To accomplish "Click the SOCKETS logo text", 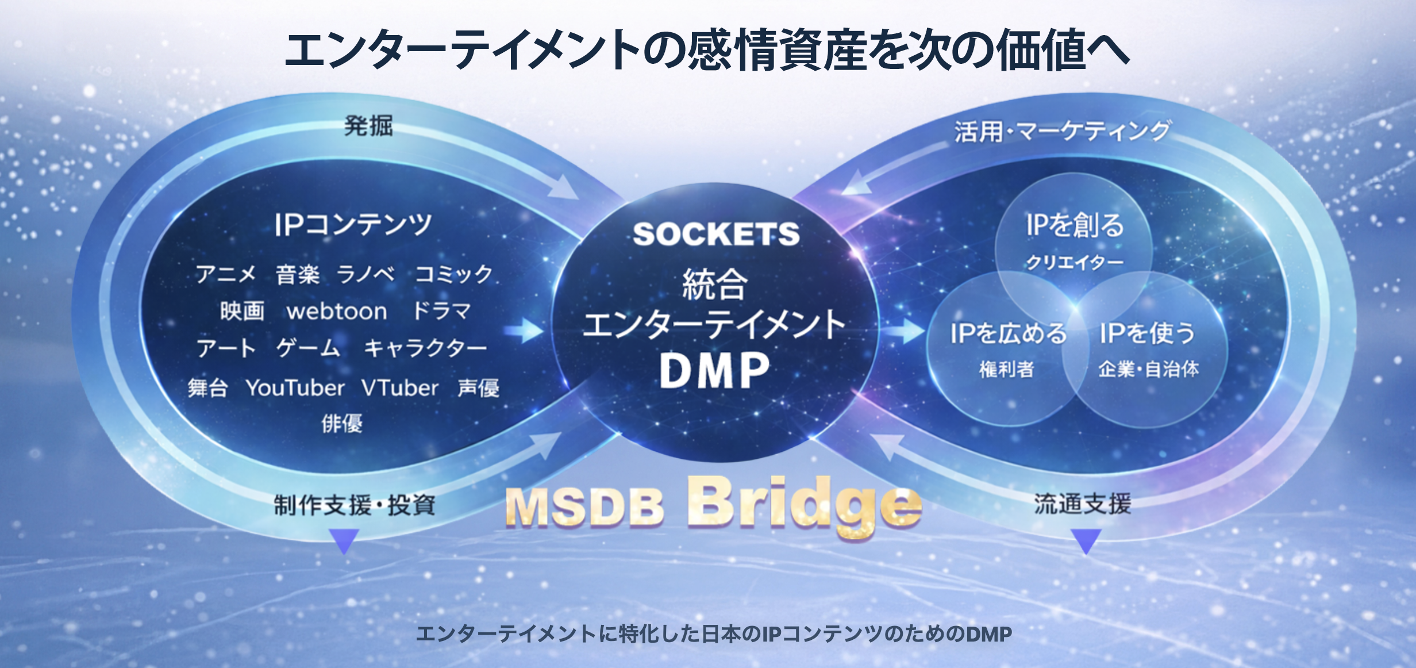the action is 716,234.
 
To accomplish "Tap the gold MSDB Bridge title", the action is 713,506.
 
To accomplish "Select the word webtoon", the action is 337,312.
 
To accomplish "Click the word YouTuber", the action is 295,388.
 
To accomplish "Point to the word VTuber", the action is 400,388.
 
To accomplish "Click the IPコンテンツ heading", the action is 353,224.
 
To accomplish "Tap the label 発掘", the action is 368,126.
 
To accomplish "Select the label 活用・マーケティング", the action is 1062,131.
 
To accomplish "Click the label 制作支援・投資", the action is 355,505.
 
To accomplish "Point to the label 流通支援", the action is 1083,504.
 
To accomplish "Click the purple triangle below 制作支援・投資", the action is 345,541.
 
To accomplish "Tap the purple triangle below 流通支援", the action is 1086,541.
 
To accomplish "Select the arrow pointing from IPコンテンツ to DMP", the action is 524,331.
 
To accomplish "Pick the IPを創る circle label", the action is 1075,225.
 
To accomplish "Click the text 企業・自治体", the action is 1148,369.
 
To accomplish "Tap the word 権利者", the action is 1007,369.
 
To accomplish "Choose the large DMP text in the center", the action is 715,371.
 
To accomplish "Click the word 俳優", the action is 342,424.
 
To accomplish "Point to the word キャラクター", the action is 425,348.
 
